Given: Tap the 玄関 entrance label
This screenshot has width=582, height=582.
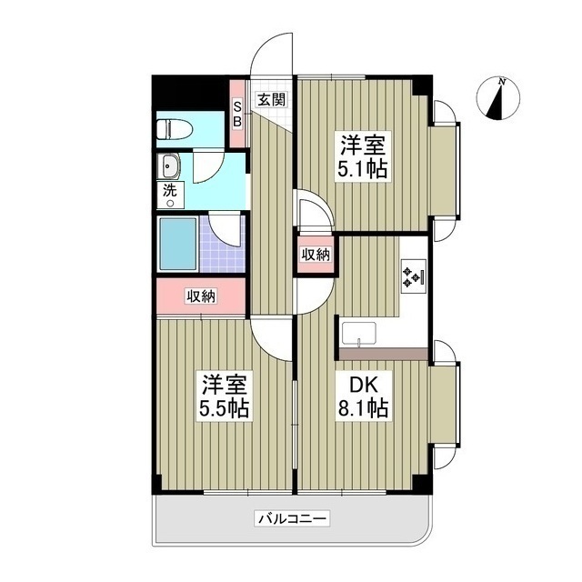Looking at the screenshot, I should pyautogui.click(x=270, y=99).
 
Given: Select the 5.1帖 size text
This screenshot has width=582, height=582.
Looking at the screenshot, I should pyautogui.click(x=361, y=170).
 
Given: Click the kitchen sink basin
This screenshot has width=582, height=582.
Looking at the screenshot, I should pyautogui.click(x=366, y=334).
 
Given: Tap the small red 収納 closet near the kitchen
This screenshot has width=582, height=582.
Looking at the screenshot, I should pyautogui.click(x=316, y=255).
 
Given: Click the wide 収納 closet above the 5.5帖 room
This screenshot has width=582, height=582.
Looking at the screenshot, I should pyautogui.click(x=202, y=295).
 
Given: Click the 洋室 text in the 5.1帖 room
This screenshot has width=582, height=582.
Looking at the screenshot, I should pyautogui.click(x=361, y=145).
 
